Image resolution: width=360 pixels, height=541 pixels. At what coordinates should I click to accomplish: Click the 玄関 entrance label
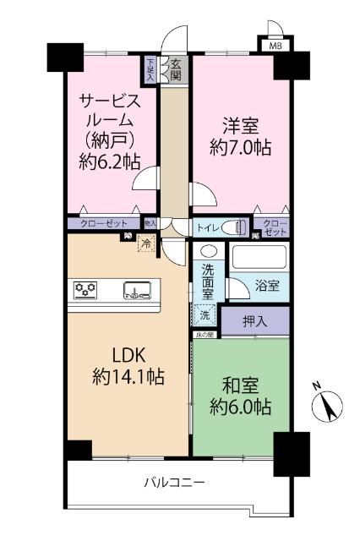[175, 69]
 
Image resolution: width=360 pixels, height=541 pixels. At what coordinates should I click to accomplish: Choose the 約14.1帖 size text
[128, 376]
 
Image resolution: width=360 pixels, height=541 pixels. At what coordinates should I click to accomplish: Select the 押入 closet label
[254, 320]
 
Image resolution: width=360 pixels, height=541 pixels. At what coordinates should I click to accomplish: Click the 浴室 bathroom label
[268, 287]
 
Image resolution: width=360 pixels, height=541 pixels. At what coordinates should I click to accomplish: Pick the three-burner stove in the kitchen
[87, 290]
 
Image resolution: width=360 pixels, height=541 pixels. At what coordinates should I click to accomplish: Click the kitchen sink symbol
[137, 291]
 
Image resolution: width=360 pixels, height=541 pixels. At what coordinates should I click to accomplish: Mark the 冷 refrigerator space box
[145, 244]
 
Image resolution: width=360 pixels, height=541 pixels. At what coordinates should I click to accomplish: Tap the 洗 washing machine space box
[205, 314]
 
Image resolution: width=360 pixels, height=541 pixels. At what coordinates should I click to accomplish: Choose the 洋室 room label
[240, 123]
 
